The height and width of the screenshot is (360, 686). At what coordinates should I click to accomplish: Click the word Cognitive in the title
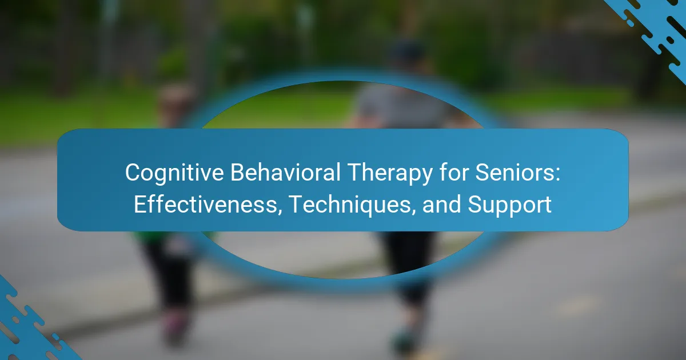[174, 173]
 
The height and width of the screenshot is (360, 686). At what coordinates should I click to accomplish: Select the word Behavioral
[285, 173]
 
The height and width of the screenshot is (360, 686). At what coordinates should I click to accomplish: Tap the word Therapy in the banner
[389, 173]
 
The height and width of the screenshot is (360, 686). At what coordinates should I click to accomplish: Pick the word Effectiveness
[205, 204]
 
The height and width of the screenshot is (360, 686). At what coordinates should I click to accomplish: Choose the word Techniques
[349, 205]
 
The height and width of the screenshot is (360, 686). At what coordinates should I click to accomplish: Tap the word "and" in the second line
[441, 204]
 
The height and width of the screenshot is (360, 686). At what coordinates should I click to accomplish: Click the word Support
[509, 205]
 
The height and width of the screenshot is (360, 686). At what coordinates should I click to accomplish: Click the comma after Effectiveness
[280, 211]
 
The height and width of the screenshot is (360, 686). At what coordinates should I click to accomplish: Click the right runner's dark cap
[409, 50]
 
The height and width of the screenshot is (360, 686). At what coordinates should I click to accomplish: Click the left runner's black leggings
[170, 273]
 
